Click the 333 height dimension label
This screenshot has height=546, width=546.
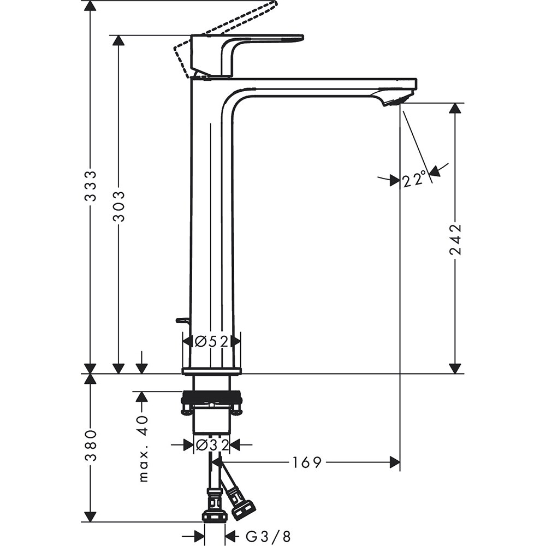click(91, 186)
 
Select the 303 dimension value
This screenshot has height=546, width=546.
click(118, 206)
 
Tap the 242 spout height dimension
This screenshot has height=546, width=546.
click(455, 239)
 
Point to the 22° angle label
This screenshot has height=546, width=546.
click(414, 179)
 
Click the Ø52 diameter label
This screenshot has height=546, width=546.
click(211, 341)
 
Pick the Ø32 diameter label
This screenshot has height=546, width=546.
click(212, 445)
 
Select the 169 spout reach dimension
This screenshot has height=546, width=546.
click(307, 463)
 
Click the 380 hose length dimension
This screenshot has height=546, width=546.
click(91, 445)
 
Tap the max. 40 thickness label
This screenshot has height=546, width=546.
click(143, 448)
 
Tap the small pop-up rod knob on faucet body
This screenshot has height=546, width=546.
click(182, 320)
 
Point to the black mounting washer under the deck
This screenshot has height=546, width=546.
click(211, 397)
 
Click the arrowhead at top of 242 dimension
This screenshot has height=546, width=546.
click(455, 108)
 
